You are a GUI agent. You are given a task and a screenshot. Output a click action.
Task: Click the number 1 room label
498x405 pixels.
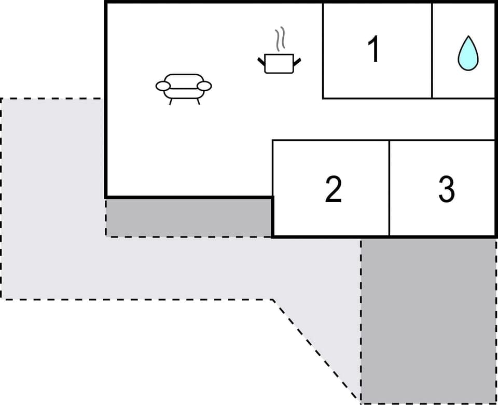(x=373, y=50)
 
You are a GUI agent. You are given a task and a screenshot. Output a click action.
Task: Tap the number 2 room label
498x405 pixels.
(x=334, y=189)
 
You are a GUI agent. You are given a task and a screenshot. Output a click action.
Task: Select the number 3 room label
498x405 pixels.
(x=446, y=189)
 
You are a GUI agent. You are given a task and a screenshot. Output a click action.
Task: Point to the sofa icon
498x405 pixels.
(x=184, y=87)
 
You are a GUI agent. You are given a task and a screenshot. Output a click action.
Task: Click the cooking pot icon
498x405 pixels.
(x=279, y=63)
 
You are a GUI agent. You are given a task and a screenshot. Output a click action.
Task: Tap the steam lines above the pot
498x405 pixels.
(x=280, y=39)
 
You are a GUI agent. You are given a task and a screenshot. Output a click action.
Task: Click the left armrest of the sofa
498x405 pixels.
(x=163, y=86)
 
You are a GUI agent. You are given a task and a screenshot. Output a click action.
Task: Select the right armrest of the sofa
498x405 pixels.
(x=204, y=86)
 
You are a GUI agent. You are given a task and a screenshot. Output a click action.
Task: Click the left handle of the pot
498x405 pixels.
(x=261, y=62)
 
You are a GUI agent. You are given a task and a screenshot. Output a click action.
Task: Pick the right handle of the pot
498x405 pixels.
(x=297, y=62)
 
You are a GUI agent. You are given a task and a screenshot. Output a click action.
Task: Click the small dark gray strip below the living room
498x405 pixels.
(x=189, y=217)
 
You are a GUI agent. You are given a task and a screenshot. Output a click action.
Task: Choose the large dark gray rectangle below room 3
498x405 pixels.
(x=428, y=320)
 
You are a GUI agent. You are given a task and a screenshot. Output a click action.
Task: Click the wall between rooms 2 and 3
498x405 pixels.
(x=389, y=188)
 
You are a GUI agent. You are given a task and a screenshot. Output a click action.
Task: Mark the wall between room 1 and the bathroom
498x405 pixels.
(x=432, y=50)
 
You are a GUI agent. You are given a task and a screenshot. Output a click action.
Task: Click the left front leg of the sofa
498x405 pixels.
(x=171, y=101)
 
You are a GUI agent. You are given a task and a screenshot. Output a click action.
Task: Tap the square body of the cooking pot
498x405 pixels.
(x=279, y=64)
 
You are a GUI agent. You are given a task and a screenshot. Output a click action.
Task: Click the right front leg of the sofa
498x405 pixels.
(x=198, y=101)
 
